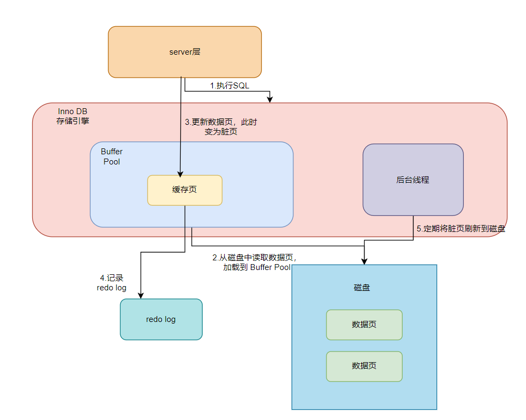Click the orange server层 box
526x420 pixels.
(x=184, y=52)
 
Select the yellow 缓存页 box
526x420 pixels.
(x=184, y=190)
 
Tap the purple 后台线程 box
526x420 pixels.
(x=413, y=180)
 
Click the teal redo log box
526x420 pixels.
(x=161, y=319)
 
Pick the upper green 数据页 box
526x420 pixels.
(x=364, y=325)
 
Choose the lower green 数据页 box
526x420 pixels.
(x=364, y=366)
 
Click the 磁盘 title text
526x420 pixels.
(x=362, y=288)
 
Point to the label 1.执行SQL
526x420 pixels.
(x=229, y=86)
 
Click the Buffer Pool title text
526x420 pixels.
(x=112, y=156)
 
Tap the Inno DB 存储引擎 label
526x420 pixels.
(x=73, y=116)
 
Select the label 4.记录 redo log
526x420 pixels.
(x=112, y=283)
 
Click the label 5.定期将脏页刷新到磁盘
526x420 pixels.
(x=461, y=229)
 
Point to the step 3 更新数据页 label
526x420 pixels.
(x=221, y=126)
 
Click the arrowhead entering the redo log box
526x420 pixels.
(x=140, y=295)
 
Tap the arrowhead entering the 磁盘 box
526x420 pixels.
(x=365, y=261)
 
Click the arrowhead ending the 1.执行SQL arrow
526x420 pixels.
(x=270, y=100)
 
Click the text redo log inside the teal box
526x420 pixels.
(x=161, y=319)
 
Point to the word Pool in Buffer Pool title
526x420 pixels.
(x=112, y=161)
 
